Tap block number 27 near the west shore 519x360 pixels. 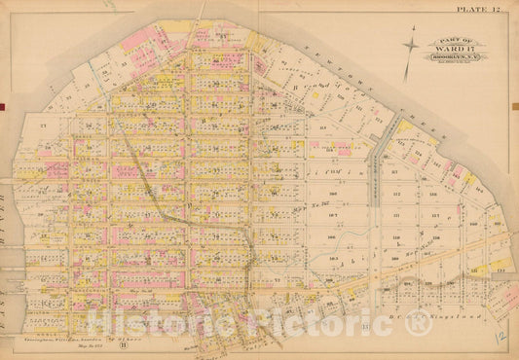(44, 126)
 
